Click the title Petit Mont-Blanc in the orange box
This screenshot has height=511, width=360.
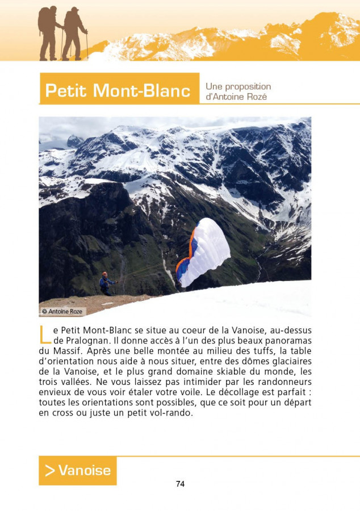tap(118, 90)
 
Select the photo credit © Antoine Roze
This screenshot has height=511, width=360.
tap(62, 311)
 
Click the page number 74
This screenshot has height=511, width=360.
tap(180, 484)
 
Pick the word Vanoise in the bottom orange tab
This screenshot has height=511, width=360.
tap(84, 470)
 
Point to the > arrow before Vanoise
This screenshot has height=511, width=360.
tap(50, 470)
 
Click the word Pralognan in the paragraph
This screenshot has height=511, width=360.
tap(87, 341)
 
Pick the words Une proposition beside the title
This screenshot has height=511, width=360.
tap(238, 86)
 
